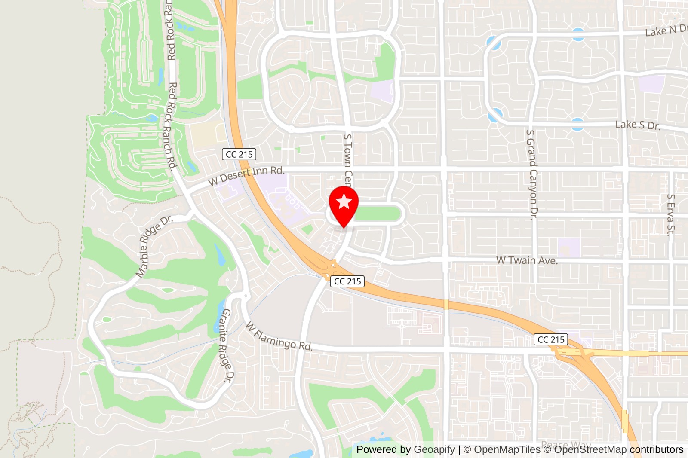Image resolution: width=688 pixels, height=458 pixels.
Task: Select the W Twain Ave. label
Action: (527, 260)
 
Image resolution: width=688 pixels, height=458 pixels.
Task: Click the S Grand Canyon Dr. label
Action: (532, 174)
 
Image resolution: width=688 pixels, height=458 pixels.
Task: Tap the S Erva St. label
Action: (670, 214)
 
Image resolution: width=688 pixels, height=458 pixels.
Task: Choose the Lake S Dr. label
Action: (638, 125)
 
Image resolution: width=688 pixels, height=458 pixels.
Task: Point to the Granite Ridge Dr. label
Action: (226, 345)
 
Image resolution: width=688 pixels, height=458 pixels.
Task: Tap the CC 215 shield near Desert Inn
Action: (239, 154)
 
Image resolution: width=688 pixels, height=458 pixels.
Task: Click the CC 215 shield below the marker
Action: (347, 281)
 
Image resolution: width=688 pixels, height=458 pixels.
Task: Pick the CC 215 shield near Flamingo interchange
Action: (551, 339)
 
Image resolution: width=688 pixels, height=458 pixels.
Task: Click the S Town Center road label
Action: (348, 159)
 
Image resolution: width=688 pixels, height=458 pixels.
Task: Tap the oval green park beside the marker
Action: (378, 214)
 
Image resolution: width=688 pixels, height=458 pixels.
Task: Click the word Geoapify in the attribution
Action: (434, 449)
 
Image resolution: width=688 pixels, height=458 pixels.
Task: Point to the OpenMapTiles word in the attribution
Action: (507, 449)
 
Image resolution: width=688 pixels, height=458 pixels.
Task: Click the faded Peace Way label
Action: (565, 445)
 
